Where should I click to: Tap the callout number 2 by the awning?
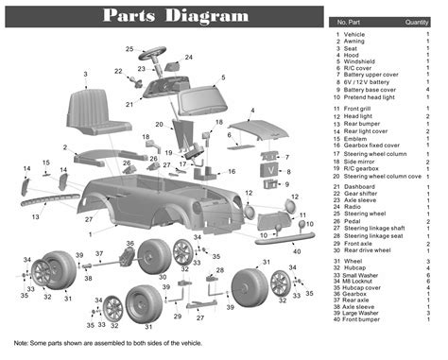click(64, 147)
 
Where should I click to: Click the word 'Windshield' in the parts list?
click(361, 60)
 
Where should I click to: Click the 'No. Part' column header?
click(351, 22)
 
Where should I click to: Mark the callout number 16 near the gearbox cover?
click(232, 171)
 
